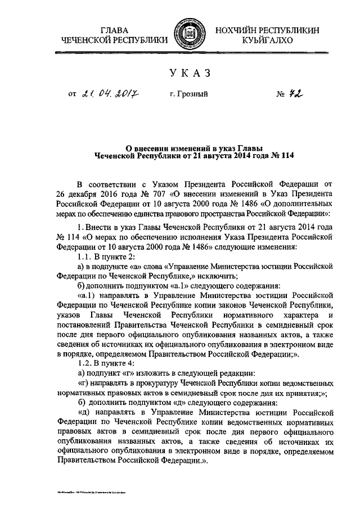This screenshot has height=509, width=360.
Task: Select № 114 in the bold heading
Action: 282,154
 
